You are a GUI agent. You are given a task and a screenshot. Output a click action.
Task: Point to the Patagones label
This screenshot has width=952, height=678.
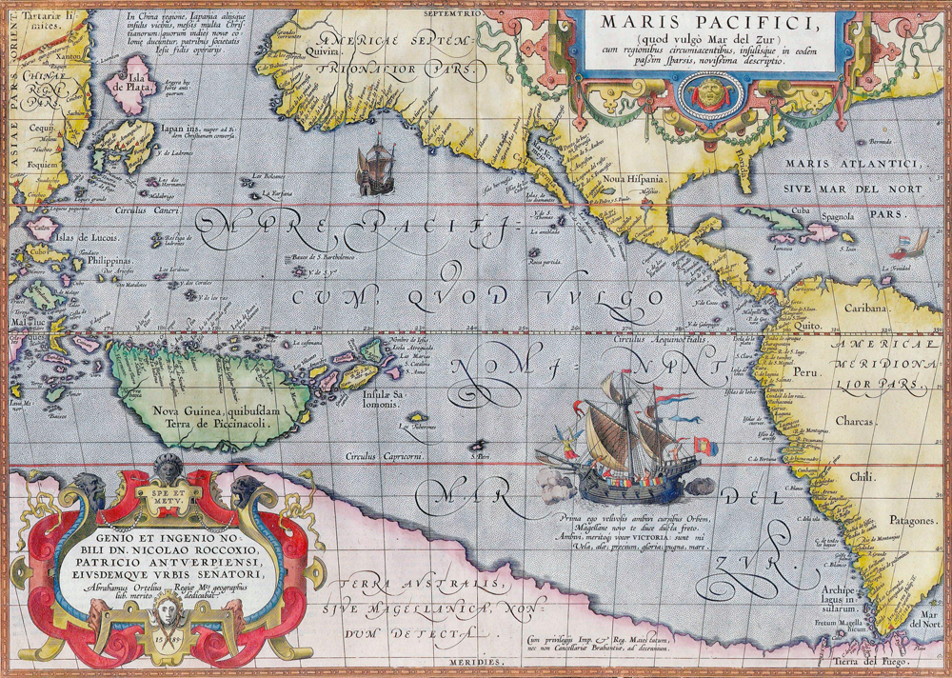pyautogui.click(x=884, y=522)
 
